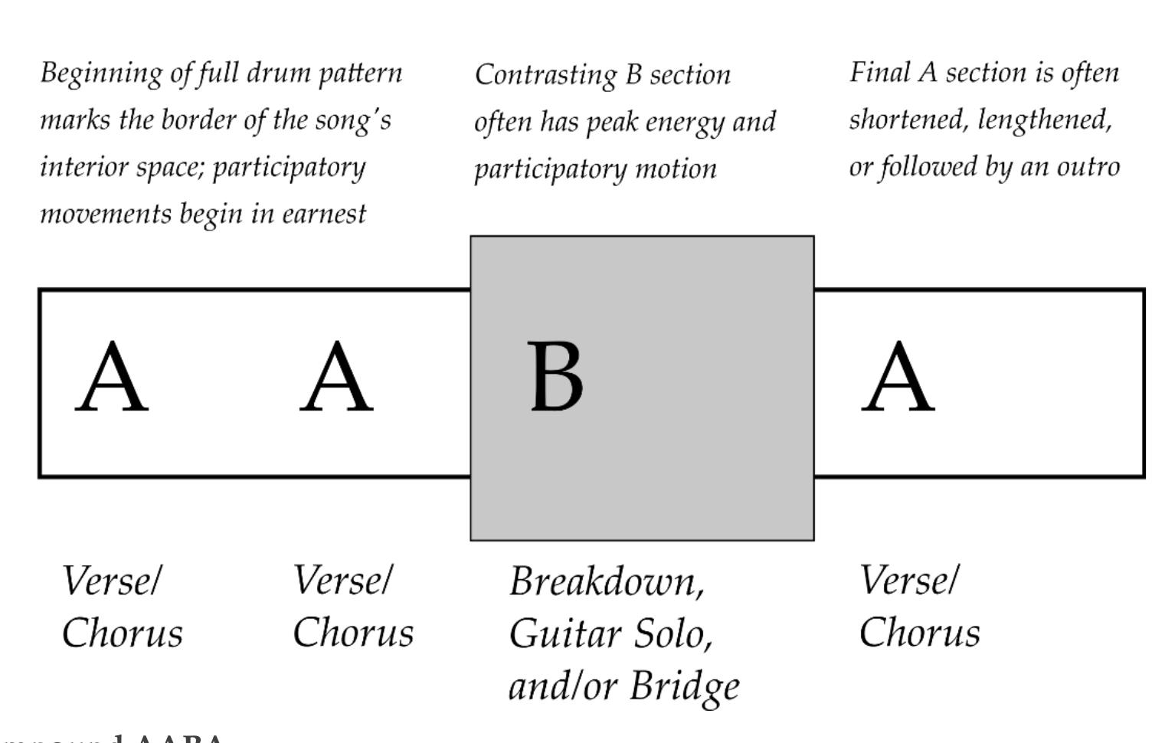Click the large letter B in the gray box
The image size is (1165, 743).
pos(556,377)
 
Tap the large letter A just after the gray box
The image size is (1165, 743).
pos(898,377)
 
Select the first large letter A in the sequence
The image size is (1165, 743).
pos(112,377)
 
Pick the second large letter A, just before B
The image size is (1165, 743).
pos(336,377)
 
